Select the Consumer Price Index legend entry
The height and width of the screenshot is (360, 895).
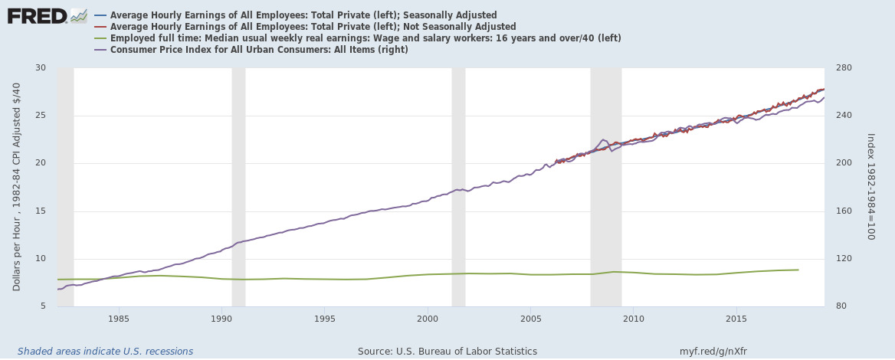(x=259, y=50)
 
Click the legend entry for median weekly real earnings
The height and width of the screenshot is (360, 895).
(x=365, y=38)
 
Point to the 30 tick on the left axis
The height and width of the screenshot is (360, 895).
(x=41, y=68)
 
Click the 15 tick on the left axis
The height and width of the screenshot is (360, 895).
(x=41, y=211)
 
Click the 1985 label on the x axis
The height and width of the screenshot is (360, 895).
(x=118, y=318)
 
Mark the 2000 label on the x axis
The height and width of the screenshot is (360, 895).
(x=428, y=318)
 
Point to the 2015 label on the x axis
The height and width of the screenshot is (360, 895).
(x=736, y=318)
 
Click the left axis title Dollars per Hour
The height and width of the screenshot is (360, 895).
(x=17, y=187)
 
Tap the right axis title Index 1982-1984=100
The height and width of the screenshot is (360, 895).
(x=870, y=187)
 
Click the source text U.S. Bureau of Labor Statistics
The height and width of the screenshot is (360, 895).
(x=447, y=352)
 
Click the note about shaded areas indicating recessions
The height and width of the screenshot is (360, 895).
(x=106, y=352)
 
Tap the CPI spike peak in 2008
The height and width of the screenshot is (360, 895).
(x=603, y=139)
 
